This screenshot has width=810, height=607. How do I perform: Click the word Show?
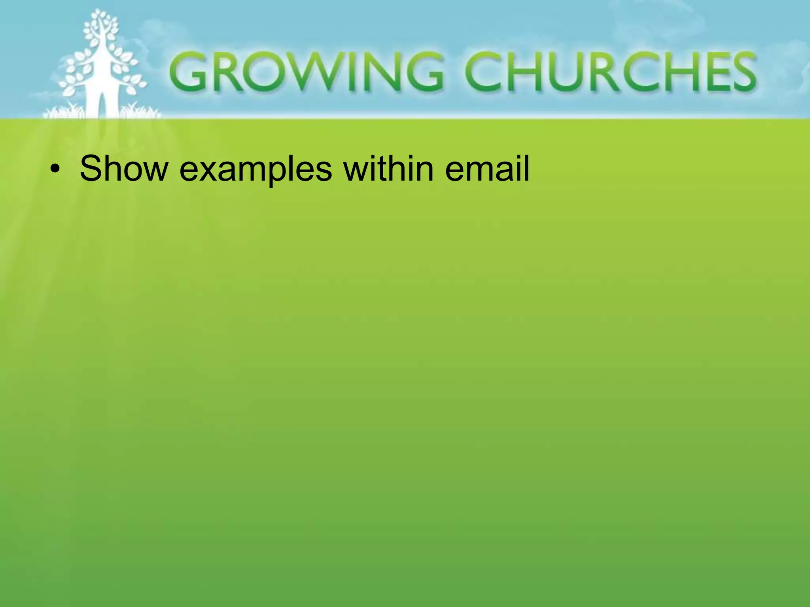click(x=124, y=169)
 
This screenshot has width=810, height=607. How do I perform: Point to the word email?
click(x=487, y=169)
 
